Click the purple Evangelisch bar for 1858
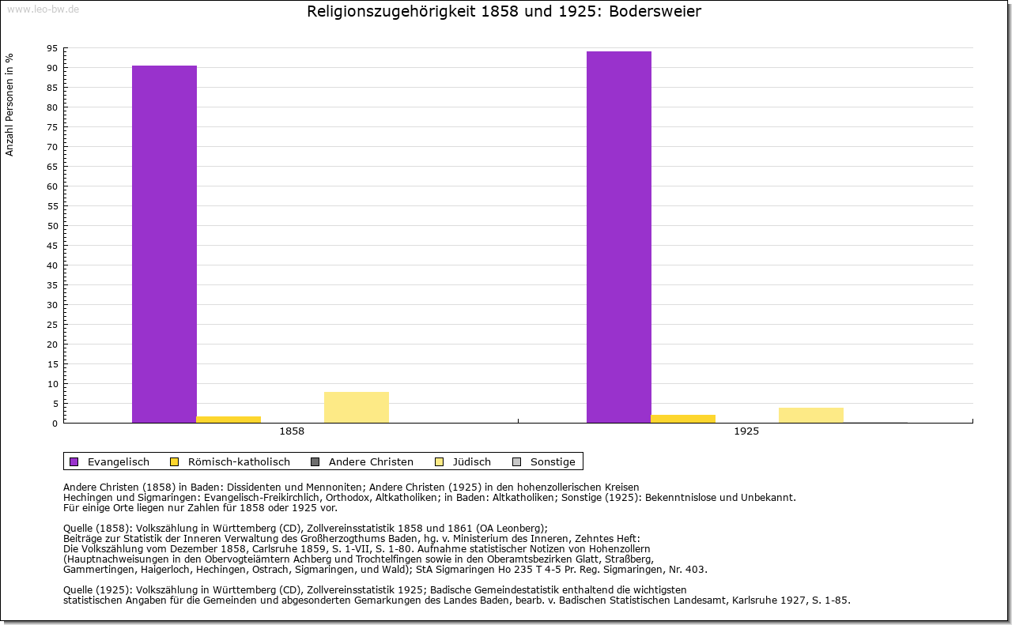(164, 244)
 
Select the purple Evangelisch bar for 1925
(619, 237)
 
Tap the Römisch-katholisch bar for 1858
(228, 420)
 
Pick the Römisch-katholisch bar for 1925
(683, 419)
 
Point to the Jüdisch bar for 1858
(357, 408)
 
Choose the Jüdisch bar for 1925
(811, 416)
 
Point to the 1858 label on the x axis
(292, 432)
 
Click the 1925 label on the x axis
(746, 432)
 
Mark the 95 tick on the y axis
(52, 48)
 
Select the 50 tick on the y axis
(52, 226)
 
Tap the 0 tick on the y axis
(55, 424)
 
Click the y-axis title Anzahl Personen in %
(10, 104)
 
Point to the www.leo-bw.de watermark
(43, 9)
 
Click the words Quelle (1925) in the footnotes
(97, 590)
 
